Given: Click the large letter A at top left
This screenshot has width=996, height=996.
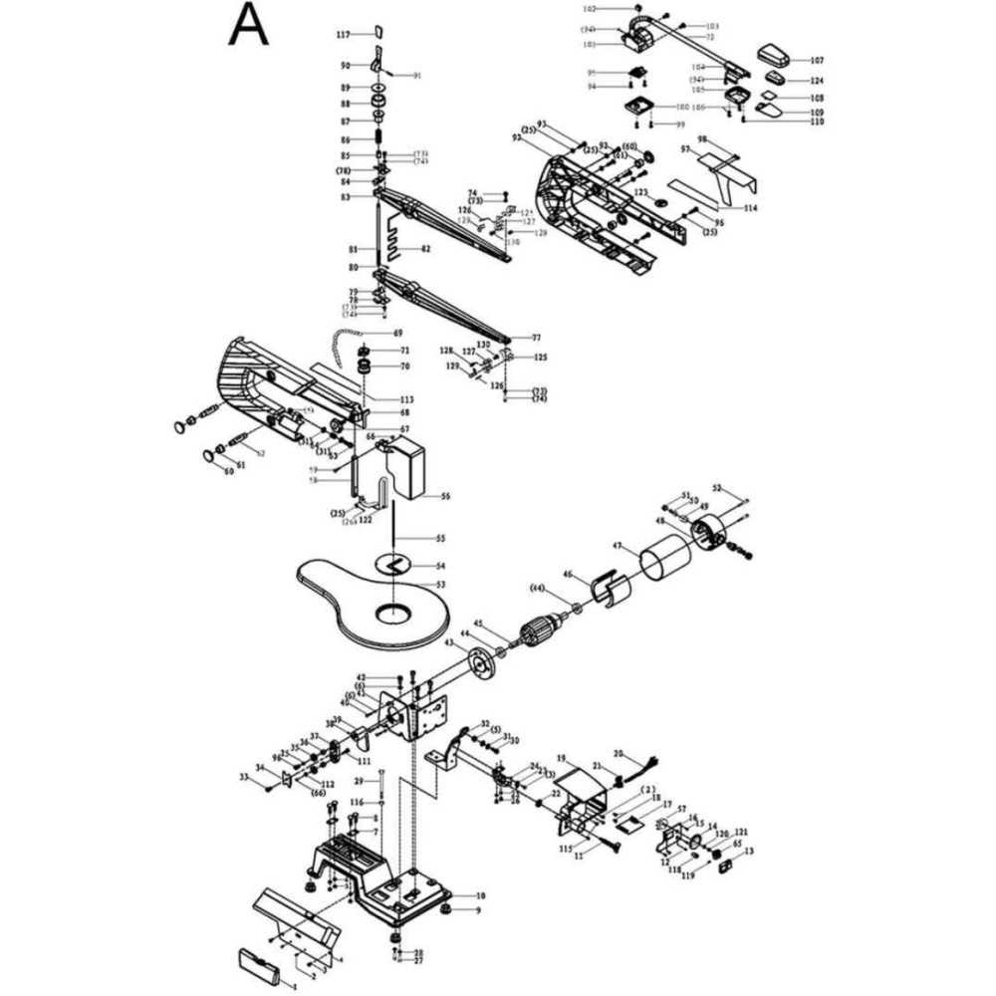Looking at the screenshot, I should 248,26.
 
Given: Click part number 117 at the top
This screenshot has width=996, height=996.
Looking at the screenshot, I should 343,34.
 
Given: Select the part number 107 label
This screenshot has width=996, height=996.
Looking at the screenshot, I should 817,60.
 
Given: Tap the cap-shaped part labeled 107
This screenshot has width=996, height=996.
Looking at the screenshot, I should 772,52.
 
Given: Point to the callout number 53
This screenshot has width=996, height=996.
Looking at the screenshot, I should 440,584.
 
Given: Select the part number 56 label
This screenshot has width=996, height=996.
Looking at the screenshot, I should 445,495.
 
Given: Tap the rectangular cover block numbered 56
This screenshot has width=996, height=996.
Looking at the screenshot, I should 407,468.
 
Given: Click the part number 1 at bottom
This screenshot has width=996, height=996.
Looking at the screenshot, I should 294,984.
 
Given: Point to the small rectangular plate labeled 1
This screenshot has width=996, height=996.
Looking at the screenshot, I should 261,963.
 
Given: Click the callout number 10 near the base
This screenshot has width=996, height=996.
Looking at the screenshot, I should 479,896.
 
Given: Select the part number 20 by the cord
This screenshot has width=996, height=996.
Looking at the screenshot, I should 618,753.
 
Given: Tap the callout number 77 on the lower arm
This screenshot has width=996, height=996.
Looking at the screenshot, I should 536,338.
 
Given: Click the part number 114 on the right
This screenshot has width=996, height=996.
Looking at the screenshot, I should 750,208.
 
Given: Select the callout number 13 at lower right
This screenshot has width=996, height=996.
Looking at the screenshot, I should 749,851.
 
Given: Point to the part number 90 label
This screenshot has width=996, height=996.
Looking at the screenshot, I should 345,66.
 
